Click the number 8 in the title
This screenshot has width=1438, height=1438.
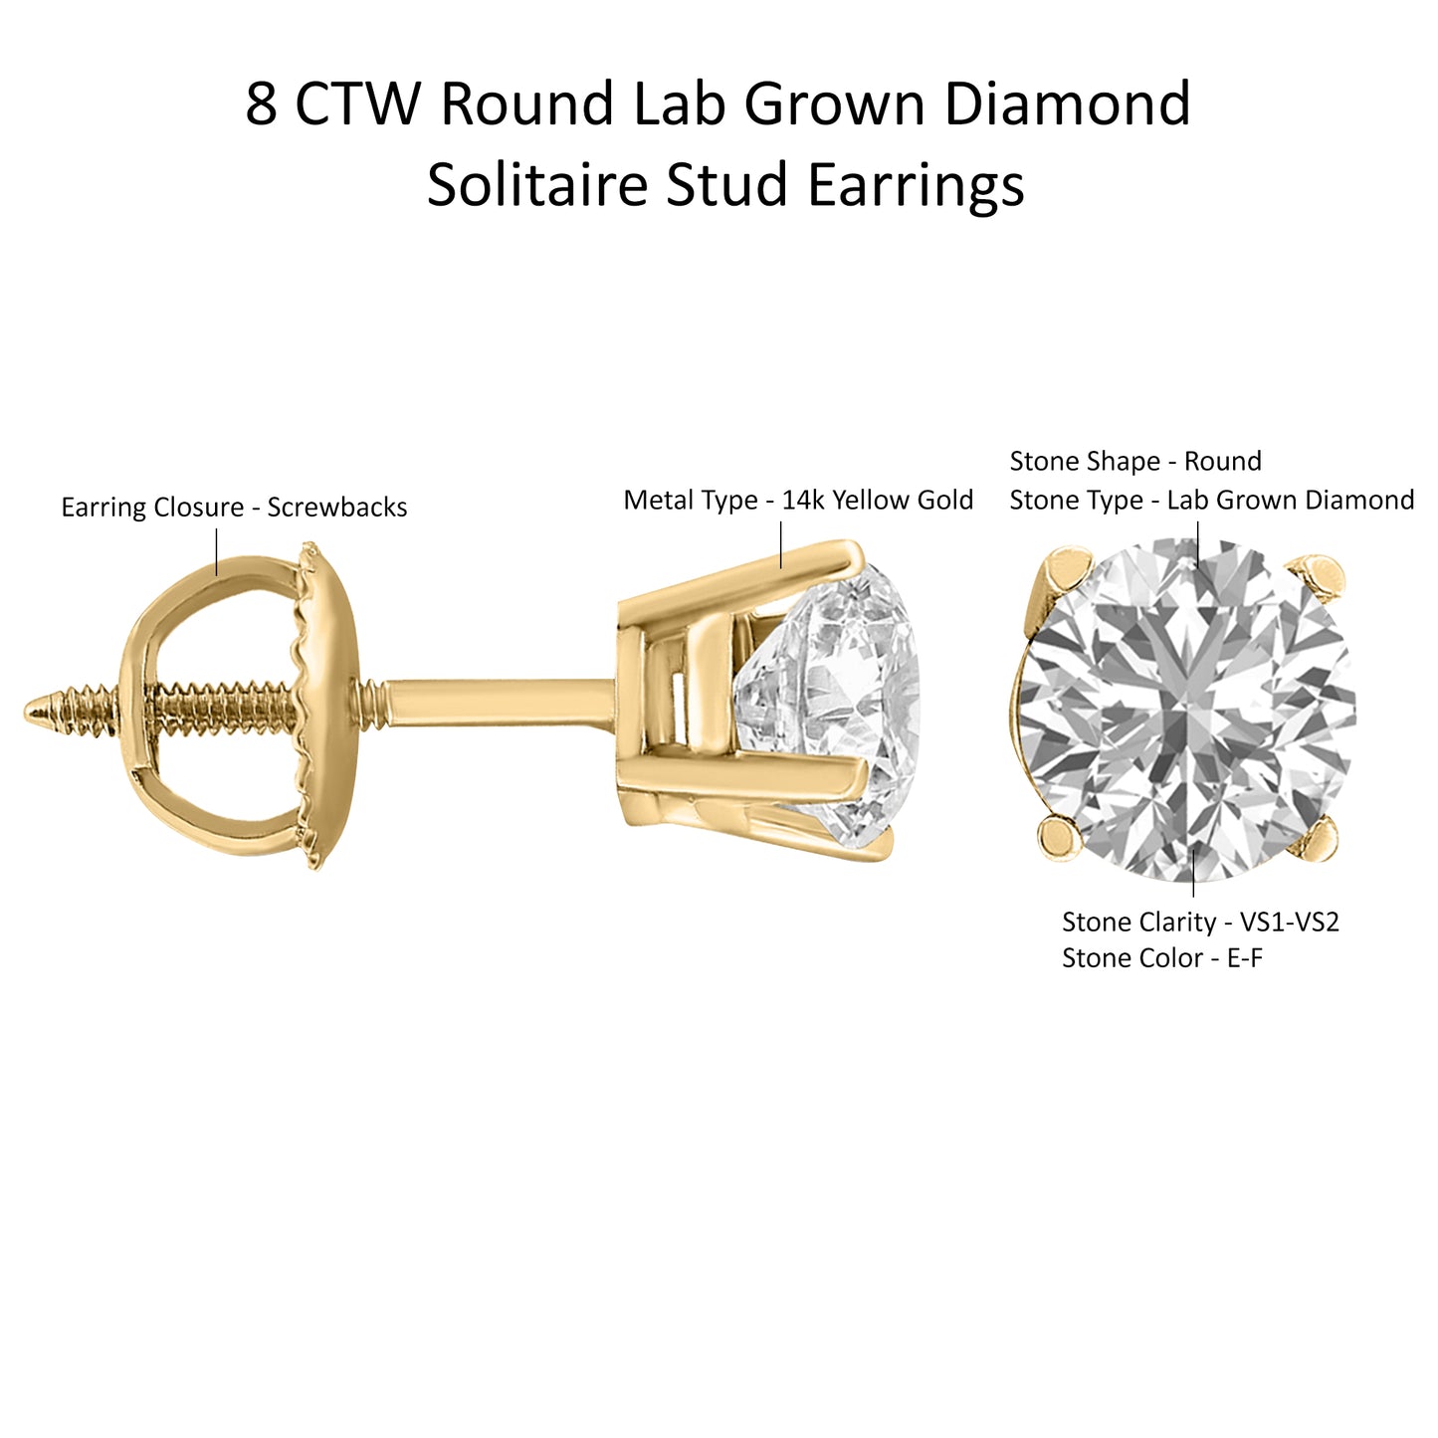261,103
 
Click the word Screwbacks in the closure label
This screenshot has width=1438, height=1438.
337,508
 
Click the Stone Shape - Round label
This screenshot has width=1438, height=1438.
1135,461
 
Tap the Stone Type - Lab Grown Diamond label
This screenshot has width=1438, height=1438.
1212,500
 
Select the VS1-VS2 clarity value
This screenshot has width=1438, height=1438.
1290,923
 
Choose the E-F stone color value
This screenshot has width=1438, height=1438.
1245,958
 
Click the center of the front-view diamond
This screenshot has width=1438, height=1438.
1186,709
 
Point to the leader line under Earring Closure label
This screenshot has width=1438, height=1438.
217,552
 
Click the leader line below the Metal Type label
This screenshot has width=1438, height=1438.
781,544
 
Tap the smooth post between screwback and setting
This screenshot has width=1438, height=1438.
499,704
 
